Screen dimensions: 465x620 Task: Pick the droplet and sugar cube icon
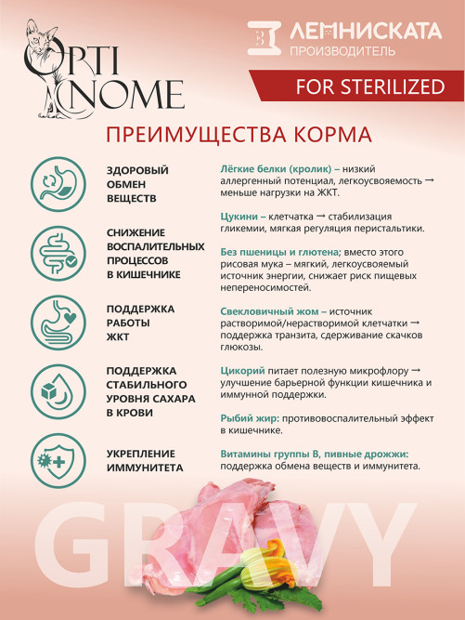coord(54,390)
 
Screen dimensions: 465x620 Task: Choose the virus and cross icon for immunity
coord(54,459)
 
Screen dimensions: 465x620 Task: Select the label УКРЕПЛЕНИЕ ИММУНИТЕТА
coord(144,460)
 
